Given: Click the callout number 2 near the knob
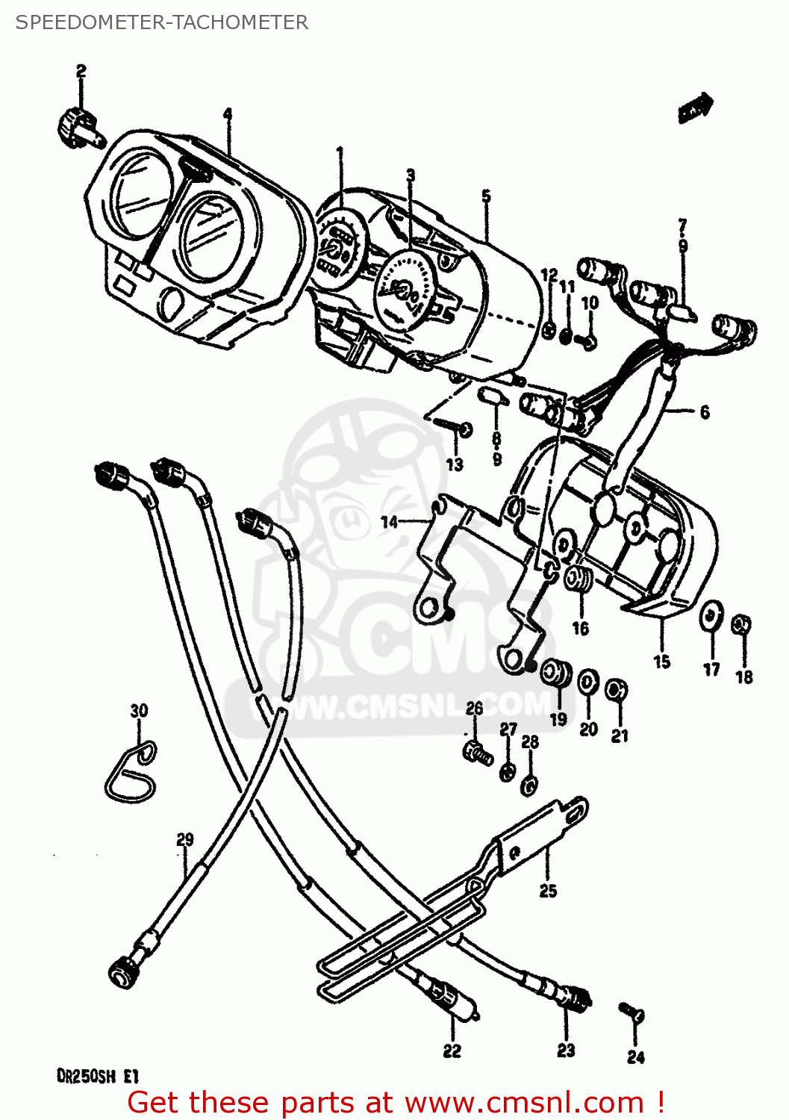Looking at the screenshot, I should point(81,71).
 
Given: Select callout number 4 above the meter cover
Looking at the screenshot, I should point(227,114).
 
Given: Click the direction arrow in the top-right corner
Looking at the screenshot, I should point(696,107).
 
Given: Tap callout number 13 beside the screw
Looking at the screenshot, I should point(455,464).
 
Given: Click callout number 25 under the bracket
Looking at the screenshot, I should point(548,891).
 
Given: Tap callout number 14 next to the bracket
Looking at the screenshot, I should point(390,522).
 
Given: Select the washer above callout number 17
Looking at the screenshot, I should point(711,617).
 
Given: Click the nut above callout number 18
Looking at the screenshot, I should point(742,624).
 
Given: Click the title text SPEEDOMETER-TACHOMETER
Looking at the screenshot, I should point(161,22).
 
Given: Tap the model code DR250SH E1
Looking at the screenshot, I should point(97,1077).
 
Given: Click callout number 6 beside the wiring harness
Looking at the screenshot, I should point(704,412).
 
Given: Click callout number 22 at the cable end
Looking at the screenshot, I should point(452,1051).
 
